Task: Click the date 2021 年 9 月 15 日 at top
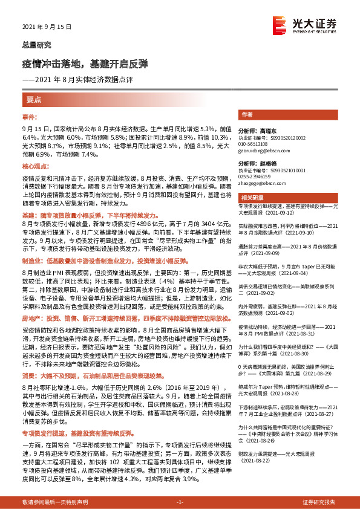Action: (x=47, y=27)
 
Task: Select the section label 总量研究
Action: (x=37, y=45)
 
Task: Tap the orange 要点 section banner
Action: (x=34, y=99)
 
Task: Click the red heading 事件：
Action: (x=30, y=116)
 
